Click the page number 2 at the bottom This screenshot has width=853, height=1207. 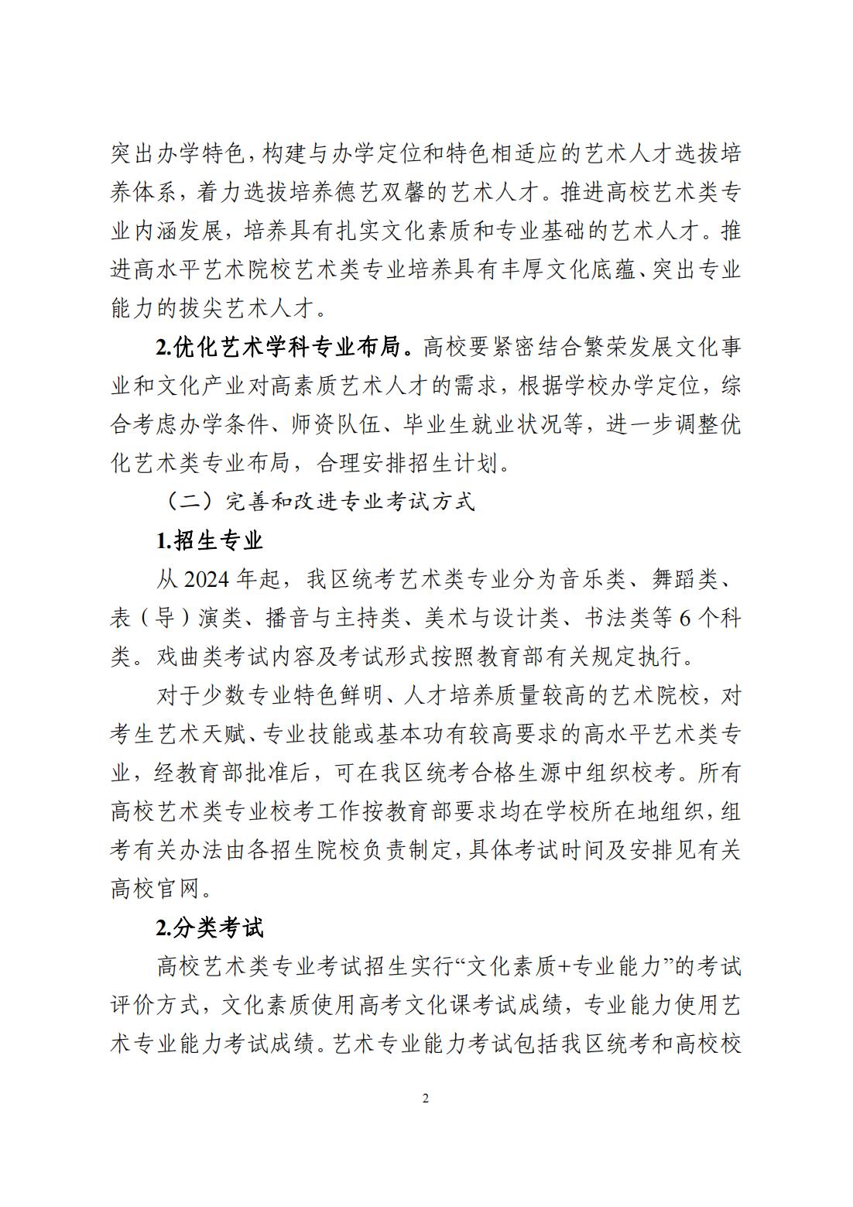click(x=426, y=1098)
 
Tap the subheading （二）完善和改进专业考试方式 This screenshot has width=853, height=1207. click(x=319, y=502)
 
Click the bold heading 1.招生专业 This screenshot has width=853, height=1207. click(x=211, y=540)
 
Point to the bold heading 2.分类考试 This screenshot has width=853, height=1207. click(x=211, y=928)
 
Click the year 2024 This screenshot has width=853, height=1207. click(x=208, y=580)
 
